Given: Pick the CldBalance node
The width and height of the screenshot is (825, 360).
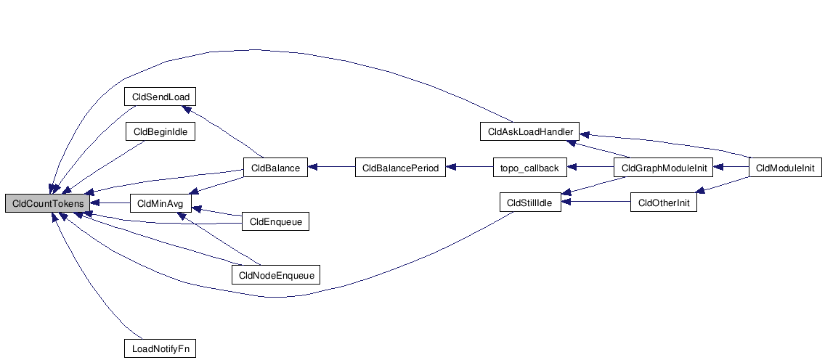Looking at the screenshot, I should pyautogui.click(x=275, y=168).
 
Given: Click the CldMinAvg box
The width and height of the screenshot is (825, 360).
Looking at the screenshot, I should pyautogui.click(x=159, y=203).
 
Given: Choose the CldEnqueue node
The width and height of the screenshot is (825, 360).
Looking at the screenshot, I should pyautogui.click(x=275, y=221).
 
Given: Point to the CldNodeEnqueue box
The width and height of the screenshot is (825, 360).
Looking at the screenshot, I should pyautogui.click(x=275, y=274).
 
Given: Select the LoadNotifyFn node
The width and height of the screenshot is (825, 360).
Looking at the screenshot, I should pyautogui.click(x=160, y=348).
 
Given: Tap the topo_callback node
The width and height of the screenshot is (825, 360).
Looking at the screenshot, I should pyautogui.click(x=529, y=168).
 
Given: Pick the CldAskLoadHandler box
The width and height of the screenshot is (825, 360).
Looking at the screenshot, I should pyautogui.click(x=529, y=132).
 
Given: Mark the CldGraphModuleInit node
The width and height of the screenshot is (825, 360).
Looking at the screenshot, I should pyautogui.click(x=664, y=168).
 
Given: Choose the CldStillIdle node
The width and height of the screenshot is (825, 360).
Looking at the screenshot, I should pyautogui.click(x=529, y=203).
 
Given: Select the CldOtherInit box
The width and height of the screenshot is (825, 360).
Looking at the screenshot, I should pyautogui.click(x=663, y=203).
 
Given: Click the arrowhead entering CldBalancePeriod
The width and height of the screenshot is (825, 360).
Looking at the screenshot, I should pyautogui.click(x=451, y=168).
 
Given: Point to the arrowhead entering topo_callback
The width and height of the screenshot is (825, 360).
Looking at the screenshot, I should pyautogui.click(x=572, y=168).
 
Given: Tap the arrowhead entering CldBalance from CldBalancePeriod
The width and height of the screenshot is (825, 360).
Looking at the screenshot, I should pyautogui.click(x=314, y=168).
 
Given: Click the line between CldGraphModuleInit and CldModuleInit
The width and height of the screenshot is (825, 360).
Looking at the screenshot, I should pyautogui.click(x=732, y=168).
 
